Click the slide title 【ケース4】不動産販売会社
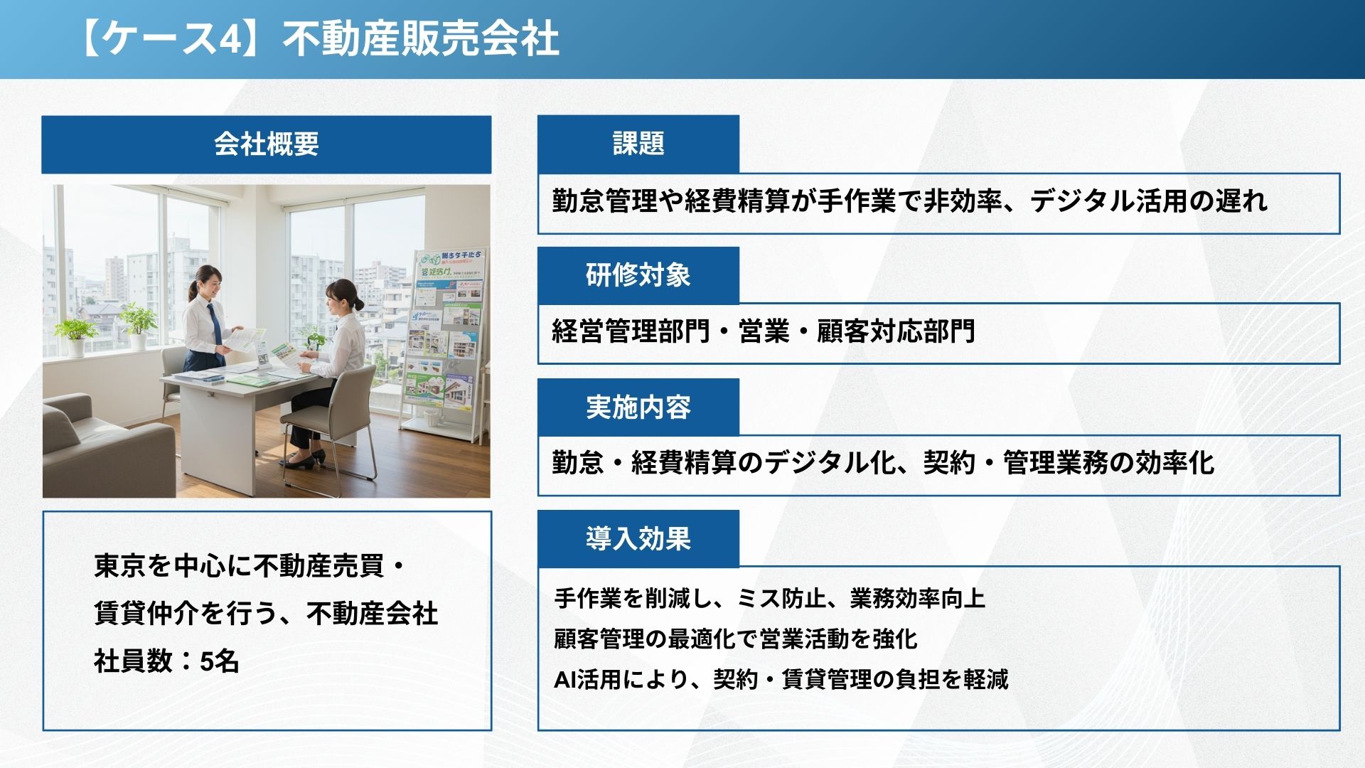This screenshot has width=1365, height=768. point(318,38)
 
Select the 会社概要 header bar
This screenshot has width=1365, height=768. point(266,144)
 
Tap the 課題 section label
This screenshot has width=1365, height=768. point(638,144)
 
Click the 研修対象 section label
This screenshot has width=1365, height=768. point(638,275)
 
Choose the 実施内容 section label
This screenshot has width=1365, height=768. point(638,407)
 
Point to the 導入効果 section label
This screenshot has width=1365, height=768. point(638,538)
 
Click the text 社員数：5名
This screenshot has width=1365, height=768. point(166,661)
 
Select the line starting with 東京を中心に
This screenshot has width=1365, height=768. point(250,566)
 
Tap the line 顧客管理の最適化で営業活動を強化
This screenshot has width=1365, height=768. point(736,639)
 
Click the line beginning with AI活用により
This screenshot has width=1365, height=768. point(781,679)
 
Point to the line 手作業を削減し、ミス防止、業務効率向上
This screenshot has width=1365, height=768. point(770,598)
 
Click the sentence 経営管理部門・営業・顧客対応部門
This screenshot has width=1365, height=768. point(764,331)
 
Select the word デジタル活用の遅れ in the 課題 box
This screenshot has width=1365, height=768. point(1148,201)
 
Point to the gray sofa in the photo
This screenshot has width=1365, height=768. point(107,444)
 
